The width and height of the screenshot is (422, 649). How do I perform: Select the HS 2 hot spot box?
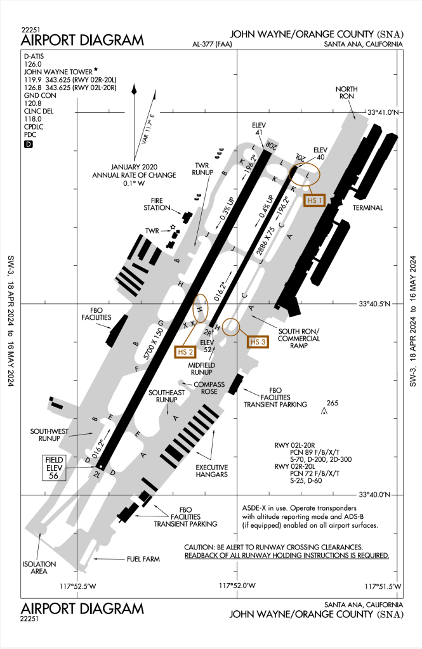(185, 351)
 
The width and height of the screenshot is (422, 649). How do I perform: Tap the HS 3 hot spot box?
(257, 342)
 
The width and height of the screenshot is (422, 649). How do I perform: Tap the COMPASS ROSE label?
(206, 388)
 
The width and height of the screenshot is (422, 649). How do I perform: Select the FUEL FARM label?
(142, 560)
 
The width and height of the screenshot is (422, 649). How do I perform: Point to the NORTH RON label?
(347, 93)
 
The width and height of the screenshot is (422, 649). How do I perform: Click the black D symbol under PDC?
(28, 145)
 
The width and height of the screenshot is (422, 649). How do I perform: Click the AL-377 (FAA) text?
(214, 44)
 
